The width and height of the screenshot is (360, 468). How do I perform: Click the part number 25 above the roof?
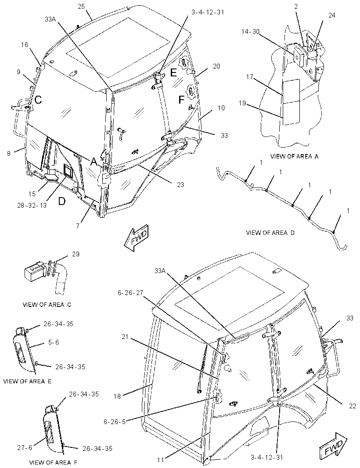pyautogui.click(x=81, y=7)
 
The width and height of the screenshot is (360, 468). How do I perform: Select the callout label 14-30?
pyautogui.click(x=250, y=31)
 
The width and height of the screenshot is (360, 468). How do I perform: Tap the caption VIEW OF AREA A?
pyautogui.click(x=294, y=156)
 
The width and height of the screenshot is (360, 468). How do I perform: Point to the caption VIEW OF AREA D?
pyautogui.click(x=270, y=233)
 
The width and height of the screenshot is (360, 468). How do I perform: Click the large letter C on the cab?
pyautogui.click(x=38, y=100)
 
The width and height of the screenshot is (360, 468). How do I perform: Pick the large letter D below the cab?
pyautogui.click(x=61, y=202)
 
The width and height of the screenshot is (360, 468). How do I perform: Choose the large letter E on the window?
pyautogui.click(x=174, y=72)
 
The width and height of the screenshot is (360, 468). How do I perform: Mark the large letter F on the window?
pyautogui.click(x=181, y=100)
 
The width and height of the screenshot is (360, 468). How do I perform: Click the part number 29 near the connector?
pyautogui.click(x=76, y=254)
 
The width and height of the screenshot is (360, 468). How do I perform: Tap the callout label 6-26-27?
pyautogui.click(x=130, y=293)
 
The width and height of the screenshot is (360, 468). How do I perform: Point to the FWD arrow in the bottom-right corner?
pyautogui.click(x=333, y=446)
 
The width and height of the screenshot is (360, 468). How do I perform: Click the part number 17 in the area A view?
pyautogui.click(x=249, y=77)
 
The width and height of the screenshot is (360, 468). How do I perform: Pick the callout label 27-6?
pyautogui.click(x=25, y=447)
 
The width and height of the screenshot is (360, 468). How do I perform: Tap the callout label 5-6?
pyautogui.click(x=54, y=342)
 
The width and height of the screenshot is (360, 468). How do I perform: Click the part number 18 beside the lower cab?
pyautogui.click(x=117, y=396)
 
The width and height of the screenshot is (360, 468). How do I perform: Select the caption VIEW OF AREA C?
pyautogui.click(x=47, y=305)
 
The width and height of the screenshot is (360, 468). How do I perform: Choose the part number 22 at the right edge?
pyautogui.click(x=352, y=406)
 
